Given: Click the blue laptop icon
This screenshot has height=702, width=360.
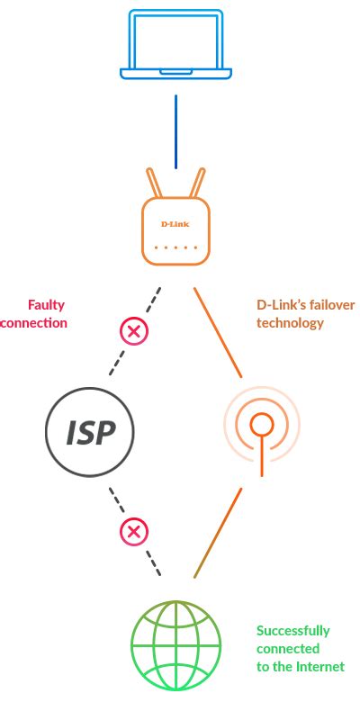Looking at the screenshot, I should [x=175, y=45].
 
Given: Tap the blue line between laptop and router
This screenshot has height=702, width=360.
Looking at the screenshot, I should [x=175, y=130].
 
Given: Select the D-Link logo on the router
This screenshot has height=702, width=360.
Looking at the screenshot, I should [x=175, y=223].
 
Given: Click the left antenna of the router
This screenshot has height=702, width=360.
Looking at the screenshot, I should [x=154, y=184].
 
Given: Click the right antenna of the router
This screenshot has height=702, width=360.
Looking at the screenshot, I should [x=197, y=184].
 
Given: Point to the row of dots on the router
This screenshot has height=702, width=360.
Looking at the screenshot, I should [x=175, y=247].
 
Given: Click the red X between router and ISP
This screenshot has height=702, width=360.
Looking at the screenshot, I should [x=134, y=331].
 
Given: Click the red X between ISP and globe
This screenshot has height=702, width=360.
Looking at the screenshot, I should [x=134, y=532].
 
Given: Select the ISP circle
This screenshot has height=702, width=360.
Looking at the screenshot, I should [x=90, y=432].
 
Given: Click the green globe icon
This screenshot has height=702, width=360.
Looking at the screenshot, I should [x=175, y=645].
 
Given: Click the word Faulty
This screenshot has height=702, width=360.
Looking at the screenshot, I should [x=46, y=305].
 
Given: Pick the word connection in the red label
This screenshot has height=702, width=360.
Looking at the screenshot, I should [x=34, y=322].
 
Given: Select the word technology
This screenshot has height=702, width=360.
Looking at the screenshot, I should [x=290, y=322].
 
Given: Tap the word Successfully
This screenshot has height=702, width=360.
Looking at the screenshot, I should [x=292, y=630].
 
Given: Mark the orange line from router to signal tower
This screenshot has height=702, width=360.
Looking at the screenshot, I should [x=218, y=332].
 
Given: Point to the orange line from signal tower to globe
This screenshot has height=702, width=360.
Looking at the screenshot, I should [x=218, y=533].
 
